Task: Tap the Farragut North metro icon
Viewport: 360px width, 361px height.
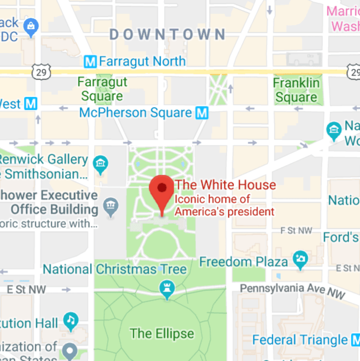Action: [90, 61]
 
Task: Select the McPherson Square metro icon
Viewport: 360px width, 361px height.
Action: [202, 113]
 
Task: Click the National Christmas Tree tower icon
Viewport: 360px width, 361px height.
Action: [167, 289]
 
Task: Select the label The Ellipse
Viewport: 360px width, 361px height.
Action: [162, 333]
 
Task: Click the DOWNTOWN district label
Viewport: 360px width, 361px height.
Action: [167, 35]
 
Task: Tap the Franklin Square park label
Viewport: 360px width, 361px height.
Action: [296, 91]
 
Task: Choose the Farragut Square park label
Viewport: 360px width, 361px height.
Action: [103, 88]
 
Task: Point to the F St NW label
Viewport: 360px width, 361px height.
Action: [297, 231]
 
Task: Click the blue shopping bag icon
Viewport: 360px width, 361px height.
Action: [31, 25]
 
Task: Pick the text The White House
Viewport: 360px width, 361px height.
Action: [225, 185]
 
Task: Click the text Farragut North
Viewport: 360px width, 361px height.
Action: [142, 61]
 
